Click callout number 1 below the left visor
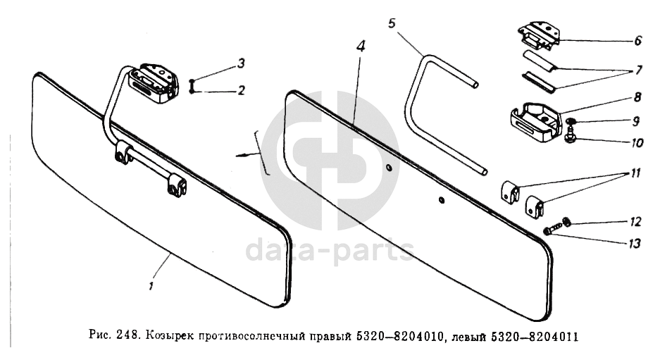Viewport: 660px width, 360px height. pyautogui.click(x=150, y=286)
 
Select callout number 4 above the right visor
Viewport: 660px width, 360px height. pyautogui.click(x=361, y=46)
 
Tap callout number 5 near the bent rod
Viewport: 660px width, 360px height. pyautogui.click(x=392, y=23)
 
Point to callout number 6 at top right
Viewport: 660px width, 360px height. pyautogui.click(x=637, y=40)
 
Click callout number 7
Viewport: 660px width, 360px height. pyautogui.click(x=639, y=70)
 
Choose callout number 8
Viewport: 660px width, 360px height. pyautogui.click(x=637, y=97)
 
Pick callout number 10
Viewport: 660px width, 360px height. pyautogui.click(x=637, y=143)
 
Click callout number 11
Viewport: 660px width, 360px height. pyautogui.click(x=635, y=173)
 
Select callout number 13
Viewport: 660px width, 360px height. pyautogui.click(x=634, y=243)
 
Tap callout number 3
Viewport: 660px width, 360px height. pyautogui.click(x=241, y=63)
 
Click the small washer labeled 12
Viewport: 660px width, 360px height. pyautogui.click(x=566, y=221)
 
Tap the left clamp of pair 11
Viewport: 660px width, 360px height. pyautogui.click(x=509, y=192)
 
